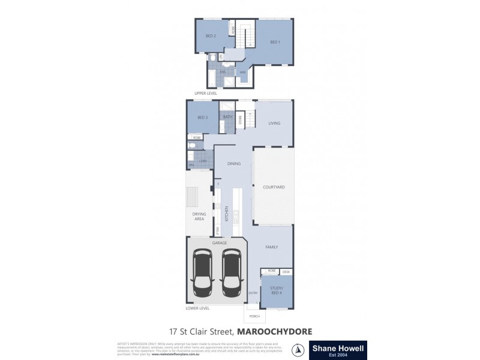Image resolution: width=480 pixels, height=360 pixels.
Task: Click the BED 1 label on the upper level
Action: (274, 42)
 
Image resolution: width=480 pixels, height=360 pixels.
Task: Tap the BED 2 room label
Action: (211, 36)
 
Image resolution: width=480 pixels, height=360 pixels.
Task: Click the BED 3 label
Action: (202, 118)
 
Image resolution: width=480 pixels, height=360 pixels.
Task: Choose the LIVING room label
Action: (274, 124)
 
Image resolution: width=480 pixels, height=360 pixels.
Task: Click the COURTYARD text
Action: (274, 187)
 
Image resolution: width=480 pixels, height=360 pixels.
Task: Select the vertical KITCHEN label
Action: (227, 214)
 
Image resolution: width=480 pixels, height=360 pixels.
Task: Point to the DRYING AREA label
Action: (199, 216)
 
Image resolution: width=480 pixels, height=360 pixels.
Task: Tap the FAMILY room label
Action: (272, 247)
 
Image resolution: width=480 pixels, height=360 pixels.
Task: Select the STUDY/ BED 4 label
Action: (277, 292)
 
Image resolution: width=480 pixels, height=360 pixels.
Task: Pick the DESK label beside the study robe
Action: (286, 272)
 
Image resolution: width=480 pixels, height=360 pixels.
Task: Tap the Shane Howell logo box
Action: (337, 349)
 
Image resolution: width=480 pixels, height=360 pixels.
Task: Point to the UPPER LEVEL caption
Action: (206, 94)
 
